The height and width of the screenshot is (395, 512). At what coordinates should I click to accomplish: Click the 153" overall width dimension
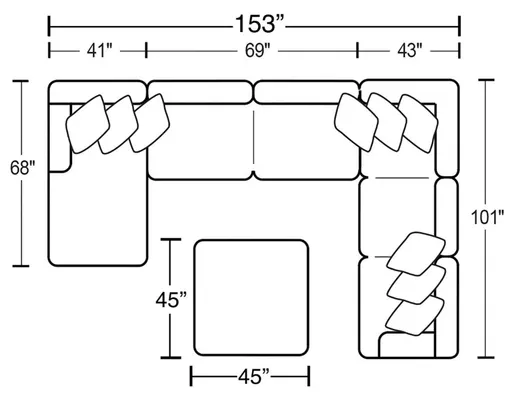click(253, 20)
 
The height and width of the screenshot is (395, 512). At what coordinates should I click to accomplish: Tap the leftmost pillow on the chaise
click(86, 126)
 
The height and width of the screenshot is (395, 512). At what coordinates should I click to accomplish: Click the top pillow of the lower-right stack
click(416, 250)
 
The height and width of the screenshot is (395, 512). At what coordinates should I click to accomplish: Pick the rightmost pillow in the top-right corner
click(418, 118)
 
